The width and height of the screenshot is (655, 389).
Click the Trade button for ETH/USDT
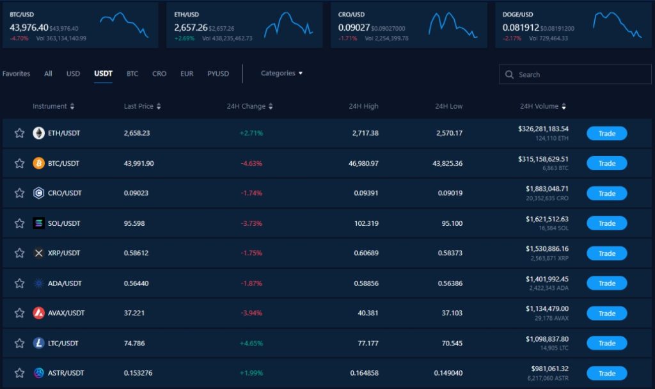click(606, 133)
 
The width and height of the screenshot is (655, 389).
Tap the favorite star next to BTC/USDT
click(19, 163)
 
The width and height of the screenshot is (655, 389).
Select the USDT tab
click(103, 74)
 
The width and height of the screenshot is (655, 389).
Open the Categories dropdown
click(281, 74)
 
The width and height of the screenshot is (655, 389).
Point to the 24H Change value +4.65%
click(251, 344)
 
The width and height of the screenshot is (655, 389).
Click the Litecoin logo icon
click(38, 344)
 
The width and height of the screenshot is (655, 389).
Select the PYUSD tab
click(218, 74)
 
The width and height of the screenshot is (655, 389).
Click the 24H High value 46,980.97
click(361, 163)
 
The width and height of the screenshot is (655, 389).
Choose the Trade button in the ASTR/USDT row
click(606, 373)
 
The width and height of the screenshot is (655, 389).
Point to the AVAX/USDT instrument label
click(66, 314)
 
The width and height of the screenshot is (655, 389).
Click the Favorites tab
click(16, 74)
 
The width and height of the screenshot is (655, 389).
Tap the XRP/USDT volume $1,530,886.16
click(547, 248)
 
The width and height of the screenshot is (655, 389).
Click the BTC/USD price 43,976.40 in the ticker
click(29, 28)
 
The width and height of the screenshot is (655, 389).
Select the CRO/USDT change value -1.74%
click(251, 193)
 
